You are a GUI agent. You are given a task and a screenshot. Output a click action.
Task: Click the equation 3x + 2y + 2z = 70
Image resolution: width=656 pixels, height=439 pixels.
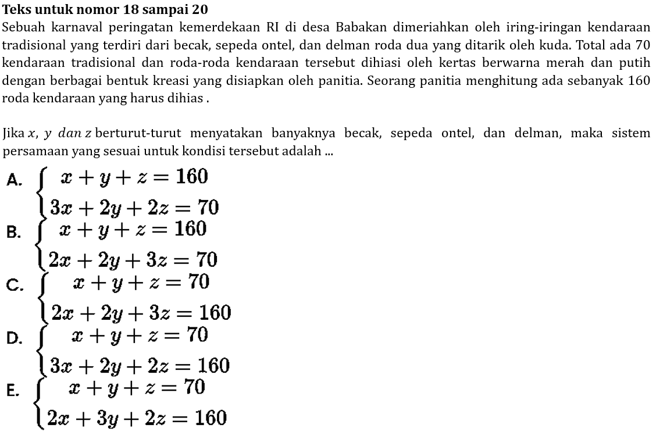pyautogui.click(x=134, y=206)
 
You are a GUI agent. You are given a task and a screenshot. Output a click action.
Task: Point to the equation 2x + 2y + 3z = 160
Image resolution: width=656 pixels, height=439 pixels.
pyautogui.click(x=141, y=313)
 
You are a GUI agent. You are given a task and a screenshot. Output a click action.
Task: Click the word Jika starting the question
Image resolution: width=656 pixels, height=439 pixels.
pyautogui.click(x=13, y=134)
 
